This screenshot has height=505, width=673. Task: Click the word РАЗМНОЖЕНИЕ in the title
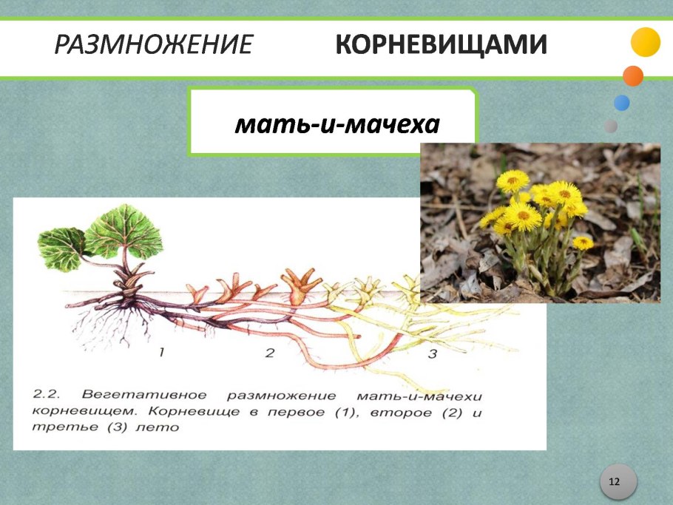point(154,46)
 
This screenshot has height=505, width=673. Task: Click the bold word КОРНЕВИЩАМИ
point(442,46)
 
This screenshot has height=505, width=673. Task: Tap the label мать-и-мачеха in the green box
point(337,124)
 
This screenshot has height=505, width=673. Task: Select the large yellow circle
point(645,42)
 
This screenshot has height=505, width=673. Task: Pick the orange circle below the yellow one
point(632,75)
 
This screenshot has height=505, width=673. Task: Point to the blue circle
point(621,103)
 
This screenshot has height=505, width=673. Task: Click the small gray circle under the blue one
point(611,126)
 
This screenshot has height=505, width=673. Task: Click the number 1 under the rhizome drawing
point(160,353)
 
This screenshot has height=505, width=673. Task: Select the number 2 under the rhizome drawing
point(270,353)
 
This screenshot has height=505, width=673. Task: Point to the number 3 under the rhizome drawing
point(433,355)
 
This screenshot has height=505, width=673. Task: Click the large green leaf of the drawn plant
point(123,229)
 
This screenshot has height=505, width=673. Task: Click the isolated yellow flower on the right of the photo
point(583,242)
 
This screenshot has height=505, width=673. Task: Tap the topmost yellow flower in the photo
point(513,180)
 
